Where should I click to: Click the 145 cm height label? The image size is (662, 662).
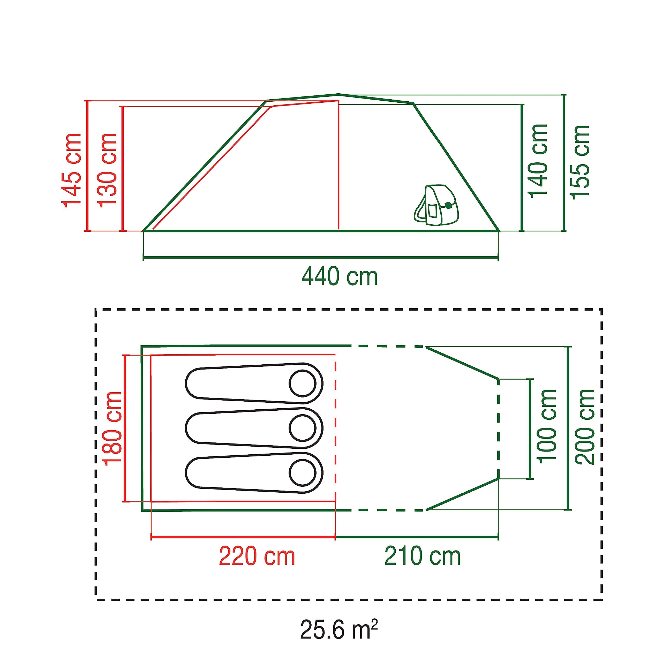pyautogui.click(x=71, y=170)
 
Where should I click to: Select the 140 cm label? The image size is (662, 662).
pyautogui.click(x=539, y=161)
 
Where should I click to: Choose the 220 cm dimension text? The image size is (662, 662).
pyautogui.click(x=257, y=556)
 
